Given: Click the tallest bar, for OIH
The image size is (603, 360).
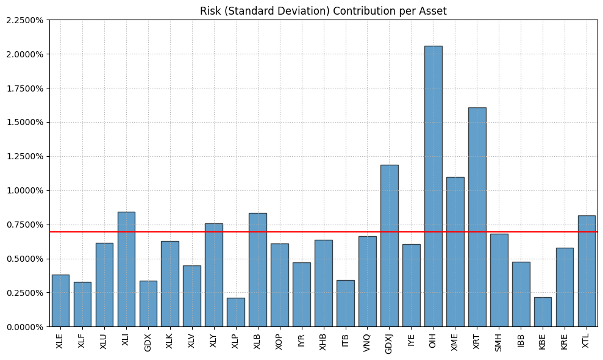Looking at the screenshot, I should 433,186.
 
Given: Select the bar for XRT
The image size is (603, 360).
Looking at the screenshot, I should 477,217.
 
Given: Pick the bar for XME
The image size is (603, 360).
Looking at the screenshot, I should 455,251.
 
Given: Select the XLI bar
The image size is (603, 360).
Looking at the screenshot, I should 126,269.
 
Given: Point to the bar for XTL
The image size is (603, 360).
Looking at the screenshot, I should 587,271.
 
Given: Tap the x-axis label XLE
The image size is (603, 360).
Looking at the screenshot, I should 60,340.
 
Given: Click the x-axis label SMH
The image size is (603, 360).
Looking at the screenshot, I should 499,341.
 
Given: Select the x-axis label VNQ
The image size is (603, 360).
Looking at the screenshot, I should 367,341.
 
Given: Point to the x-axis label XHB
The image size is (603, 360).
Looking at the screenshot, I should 323,340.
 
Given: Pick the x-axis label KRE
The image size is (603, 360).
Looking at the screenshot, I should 565,340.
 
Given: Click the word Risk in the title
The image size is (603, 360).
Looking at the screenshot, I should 210,11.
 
